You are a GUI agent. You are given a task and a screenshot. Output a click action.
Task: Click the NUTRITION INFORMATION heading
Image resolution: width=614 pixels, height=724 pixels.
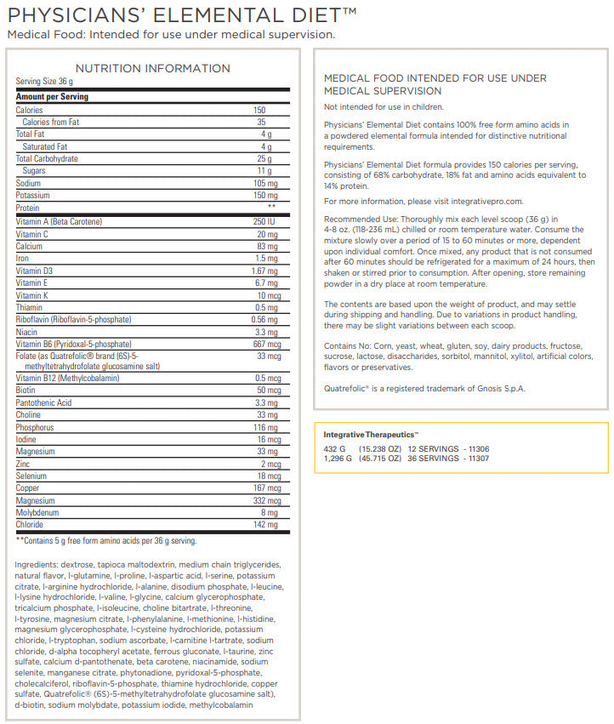coord(153,68)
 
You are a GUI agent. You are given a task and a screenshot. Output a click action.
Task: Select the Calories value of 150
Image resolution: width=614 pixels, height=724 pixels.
coord(259,110)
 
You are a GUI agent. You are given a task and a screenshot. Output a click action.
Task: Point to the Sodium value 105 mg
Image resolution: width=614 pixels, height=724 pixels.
coord(260,183)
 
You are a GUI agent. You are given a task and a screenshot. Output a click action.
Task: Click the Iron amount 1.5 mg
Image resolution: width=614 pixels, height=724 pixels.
coord(265,258)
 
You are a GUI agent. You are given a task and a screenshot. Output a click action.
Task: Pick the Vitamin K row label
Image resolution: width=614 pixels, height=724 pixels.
coord(32,294)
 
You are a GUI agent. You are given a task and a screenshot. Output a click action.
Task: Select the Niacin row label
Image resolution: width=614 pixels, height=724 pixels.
coord(28,331)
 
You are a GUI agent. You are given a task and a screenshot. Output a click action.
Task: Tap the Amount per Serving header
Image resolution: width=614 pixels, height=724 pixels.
coord(53,97)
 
